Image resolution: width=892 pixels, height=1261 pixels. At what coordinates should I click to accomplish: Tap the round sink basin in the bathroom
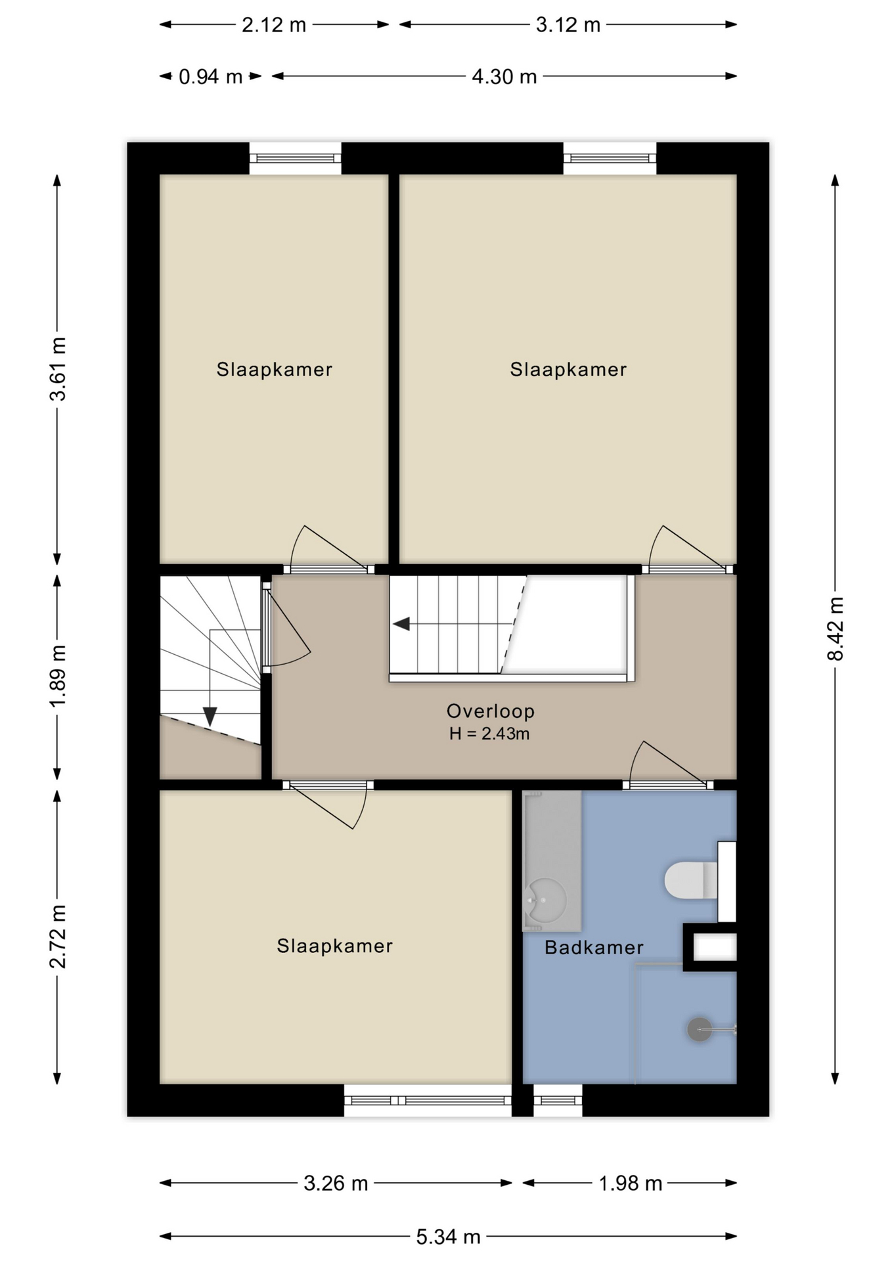tap(546, 900)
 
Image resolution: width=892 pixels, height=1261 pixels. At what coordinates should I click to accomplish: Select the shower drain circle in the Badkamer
tap(700, 1029)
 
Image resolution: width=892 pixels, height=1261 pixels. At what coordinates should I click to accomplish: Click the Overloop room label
tap(491, 711)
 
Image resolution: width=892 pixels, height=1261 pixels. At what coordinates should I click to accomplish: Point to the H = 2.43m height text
tap(489, 734)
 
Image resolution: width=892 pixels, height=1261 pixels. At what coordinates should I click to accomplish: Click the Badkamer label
tap(594, 947)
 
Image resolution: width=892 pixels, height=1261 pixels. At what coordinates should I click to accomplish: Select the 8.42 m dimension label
tap(835, 629)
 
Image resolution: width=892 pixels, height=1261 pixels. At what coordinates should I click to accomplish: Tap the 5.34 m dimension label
tap(449, 1237)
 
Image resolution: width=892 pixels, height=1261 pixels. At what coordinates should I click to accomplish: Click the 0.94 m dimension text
tap(211, 77)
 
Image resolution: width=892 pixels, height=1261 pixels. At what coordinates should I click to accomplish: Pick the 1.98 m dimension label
tap(630, 1183)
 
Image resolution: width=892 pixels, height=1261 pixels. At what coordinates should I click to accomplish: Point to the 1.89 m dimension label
tap(58, 676)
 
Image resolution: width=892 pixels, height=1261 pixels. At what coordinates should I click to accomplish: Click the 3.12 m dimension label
tap(568, 25)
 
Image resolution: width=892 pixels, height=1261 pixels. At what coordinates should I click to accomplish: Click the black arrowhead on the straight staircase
tap(401, 624)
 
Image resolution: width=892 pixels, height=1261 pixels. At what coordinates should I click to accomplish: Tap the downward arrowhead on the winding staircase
tap(210, 716)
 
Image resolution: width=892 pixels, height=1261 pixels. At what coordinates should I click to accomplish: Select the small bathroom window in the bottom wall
tap(558, 1100)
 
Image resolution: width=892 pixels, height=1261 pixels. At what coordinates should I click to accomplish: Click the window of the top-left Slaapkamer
tap(296, 158)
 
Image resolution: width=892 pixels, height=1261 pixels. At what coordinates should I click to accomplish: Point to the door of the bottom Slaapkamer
tap(328, 805)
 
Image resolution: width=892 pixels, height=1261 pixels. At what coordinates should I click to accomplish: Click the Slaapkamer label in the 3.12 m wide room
tap(568, 369)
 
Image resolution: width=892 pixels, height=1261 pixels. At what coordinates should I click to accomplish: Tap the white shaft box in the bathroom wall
tap(715, 947)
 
